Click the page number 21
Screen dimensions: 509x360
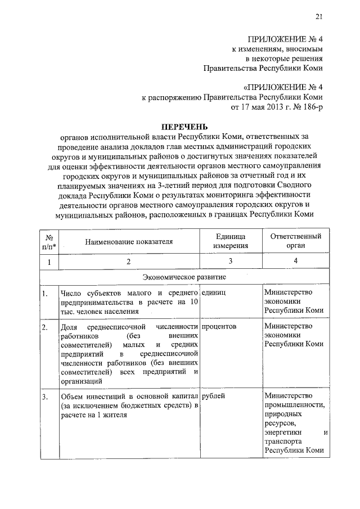point(319,16)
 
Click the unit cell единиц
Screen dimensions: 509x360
point(216,292)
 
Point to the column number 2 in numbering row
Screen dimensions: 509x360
point(129,262)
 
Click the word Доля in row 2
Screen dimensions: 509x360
point(67,326)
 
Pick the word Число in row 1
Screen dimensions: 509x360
point(69,292)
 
